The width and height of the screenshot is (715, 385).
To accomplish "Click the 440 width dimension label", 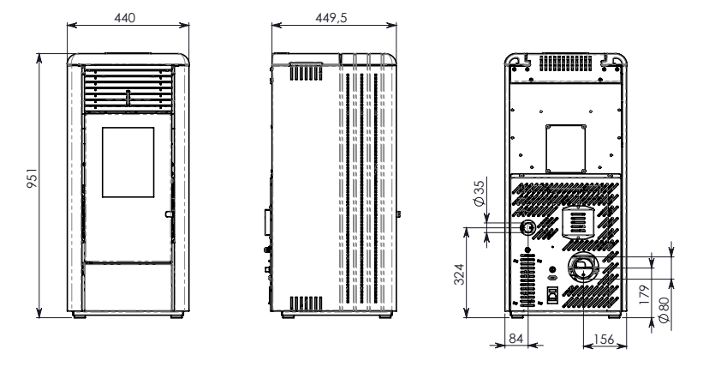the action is [x=124, y=18].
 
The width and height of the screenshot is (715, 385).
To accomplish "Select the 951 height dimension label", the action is [x=32, y=178].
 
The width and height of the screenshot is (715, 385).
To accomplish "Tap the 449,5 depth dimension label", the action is [x=331, y=18].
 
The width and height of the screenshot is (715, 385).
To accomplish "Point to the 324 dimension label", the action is [x=459, y=274].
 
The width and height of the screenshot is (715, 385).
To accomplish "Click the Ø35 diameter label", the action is [x=479, y=193].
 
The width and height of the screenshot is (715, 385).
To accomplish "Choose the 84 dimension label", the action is [x=515, y=339].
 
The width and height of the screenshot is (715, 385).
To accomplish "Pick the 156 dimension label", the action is [x=604, y=340].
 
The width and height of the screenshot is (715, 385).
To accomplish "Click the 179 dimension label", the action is [x=644, y=295].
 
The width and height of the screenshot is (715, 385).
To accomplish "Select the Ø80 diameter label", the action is [x=664, y=310].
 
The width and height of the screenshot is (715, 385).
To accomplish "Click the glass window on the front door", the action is [x=128, y=162].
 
